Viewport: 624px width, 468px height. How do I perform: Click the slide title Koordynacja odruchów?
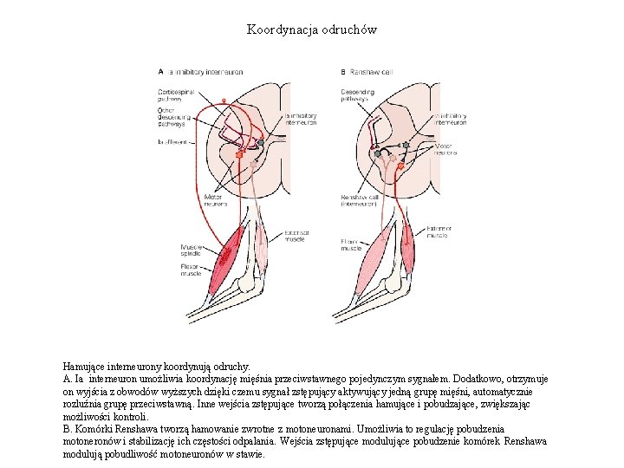pyautogui.click(x=311, y=30)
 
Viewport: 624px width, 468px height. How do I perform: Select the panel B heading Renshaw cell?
pyautogui.click(x=371, y=72)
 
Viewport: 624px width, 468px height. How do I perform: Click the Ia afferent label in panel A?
pyautogui.click(x=172, y=141)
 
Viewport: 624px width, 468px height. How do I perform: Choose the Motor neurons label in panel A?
pyautogui.click(x=214, y=201)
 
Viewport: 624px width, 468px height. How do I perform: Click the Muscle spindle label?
pyautogui.click(x=192, y=251)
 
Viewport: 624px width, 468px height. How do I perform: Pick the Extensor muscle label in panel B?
pyautogui.click(x=439, y=231)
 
